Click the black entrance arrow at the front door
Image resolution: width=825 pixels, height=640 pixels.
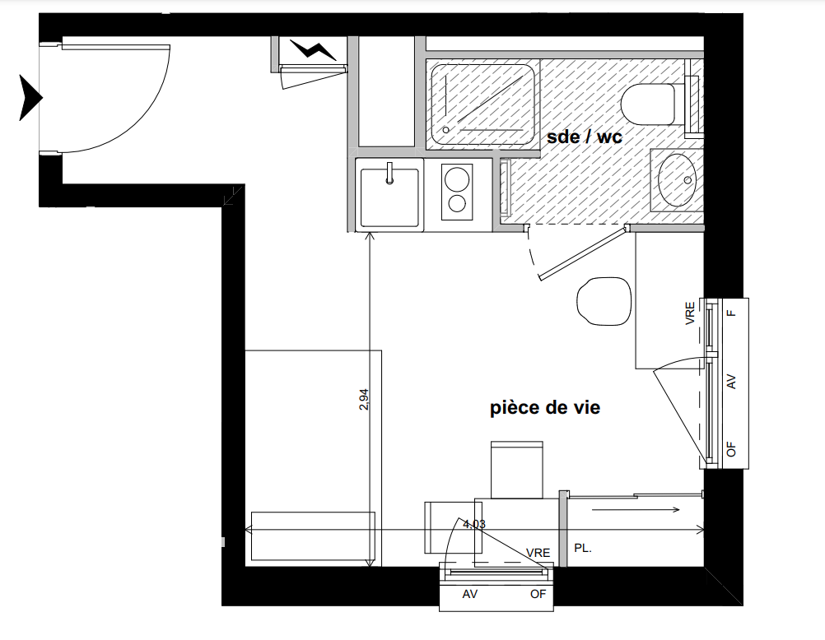pyautogui.click(x=30, y=98)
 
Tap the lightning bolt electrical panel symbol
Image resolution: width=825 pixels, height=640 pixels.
pyautogui.click(x=313, y=50)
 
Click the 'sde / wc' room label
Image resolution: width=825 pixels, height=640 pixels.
pyautogui.click(x=584, y=137)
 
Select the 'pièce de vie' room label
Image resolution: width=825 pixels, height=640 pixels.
pyautogui.click(x=545, y=407)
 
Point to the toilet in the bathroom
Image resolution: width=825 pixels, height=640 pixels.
pyautogui.click(x=648, y=104)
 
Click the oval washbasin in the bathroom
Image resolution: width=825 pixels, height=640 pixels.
pyautogui.click(x=677, y=180)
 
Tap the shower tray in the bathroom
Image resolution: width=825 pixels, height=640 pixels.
pyautogui.click(x=482, y=104)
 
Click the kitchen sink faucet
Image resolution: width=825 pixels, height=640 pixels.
pyautogui.click(x=389, y=173)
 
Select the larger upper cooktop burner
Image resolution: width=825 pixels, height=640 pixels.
pyautogui.click(x=456, y=178)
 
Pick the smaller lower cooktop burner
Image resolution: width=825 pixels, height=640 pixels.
pyautogui.click(x=455, y=203)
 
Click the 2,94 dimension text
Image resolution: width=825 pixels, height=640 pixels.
pyautogui.click(x=364, y=399)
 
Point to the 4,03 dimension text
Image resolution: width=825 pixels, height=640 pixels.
pyautogui.click(x=473, y=524)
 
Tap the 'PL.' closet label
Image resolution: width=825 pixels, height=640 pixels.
pyautogui.click(x=583, y=548)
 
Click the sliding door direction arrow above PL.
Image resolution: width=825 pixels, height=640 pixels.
pyautogui.click(x=636, y=509)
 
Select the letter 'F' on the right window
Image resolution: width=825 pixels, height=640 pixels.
pyautogui.click(x=731, y=313)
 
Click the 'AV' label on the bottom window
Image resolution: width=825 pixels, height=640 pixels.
pyautogui.click(x=470, y=594)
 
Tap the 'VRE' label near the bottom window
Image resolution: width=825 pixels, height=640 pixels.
pyautogui.click(x=538, y=553)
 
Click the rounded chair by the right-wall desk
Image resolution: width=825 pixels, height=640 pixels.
pyautogui.click(x=604, y=301)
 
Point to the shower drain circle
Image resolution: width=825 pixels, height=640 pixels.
pyautogui.click(x=446, y=129)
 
